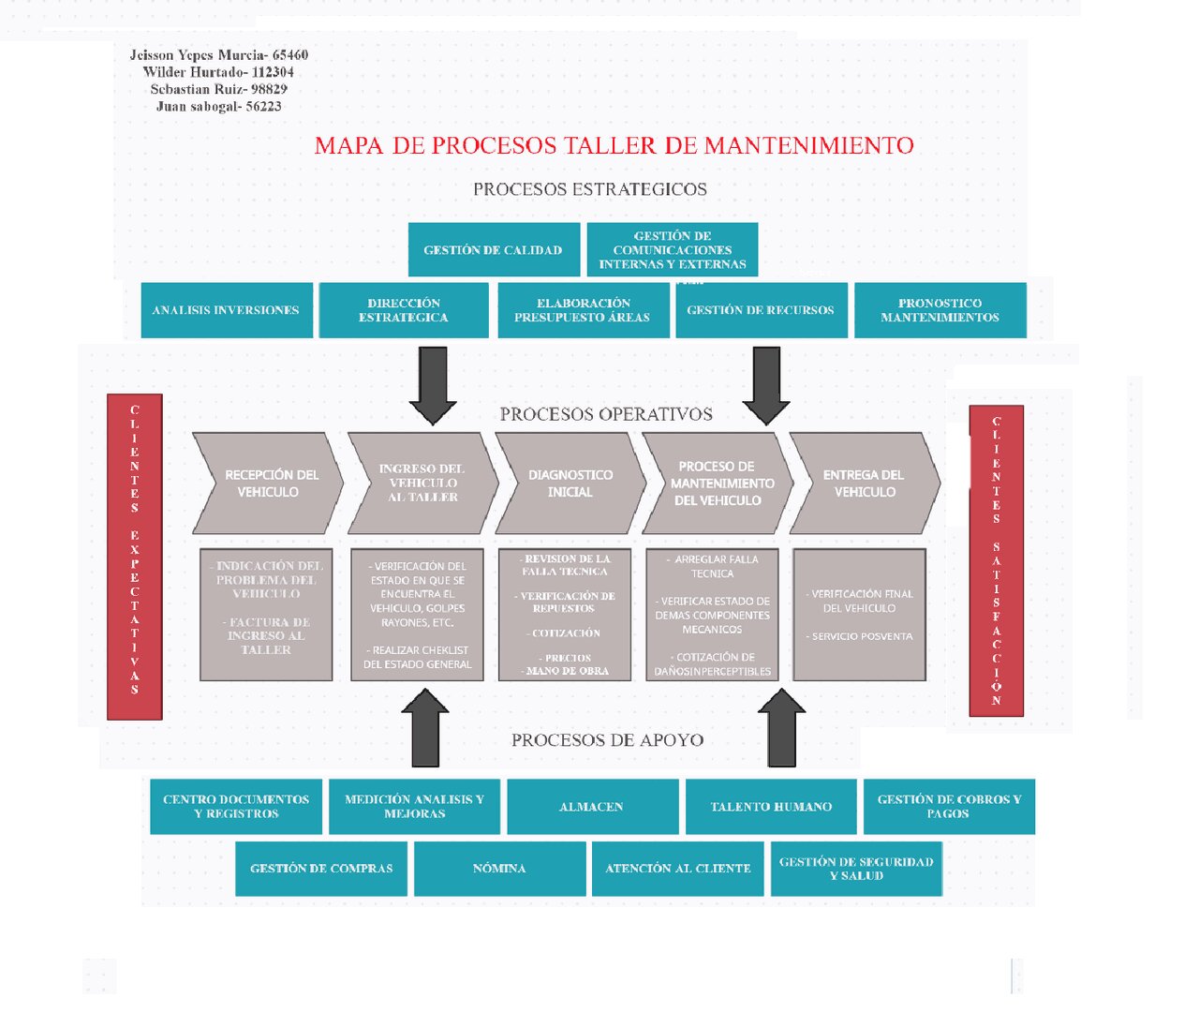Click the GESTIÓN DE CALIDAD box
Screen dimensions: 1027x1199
click(494, 250)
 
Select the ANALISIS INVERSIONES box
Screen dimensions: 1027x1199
click(226, 310)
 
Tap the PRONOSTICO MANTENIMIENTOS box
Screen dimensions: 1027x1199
click(940, 310)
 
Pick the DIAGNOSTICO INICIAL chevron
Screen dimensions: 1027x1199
click(570, 484)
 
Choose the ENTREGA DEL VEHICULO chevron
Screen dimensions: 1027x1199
click(864, 484)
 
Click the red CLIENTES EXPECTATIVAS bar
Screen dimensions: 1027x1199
click(135, 557)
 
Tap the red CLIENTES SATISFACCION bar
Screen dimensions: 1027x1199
click(996, 560)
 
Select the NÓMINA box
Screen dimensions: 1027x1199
click(499, 869)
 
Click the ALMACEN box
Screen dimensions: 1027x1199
click(592, 807)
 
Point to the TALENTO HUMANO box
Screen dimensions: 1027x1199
click(771, 807)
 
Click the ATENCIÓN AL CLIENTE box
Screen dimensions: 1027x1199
click(677, 869)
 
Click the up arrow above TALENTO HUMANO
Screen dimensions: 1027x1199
click(781, 729)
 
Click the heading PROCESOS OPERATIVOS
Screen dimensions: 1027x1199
click(606, 414)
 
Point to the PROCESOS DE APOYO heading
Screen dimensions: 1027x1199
click(607, 740)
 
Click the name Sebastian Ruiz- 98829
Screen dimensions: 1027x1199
click(218, 89)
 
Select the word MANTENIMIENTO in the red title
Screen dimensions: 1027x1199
click(808, 146)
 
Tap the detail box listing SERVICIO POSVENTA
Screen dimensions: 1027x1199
click(860, 615)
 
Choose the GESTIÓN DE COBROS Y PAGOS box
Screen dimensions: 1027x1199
click(949, 807)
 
